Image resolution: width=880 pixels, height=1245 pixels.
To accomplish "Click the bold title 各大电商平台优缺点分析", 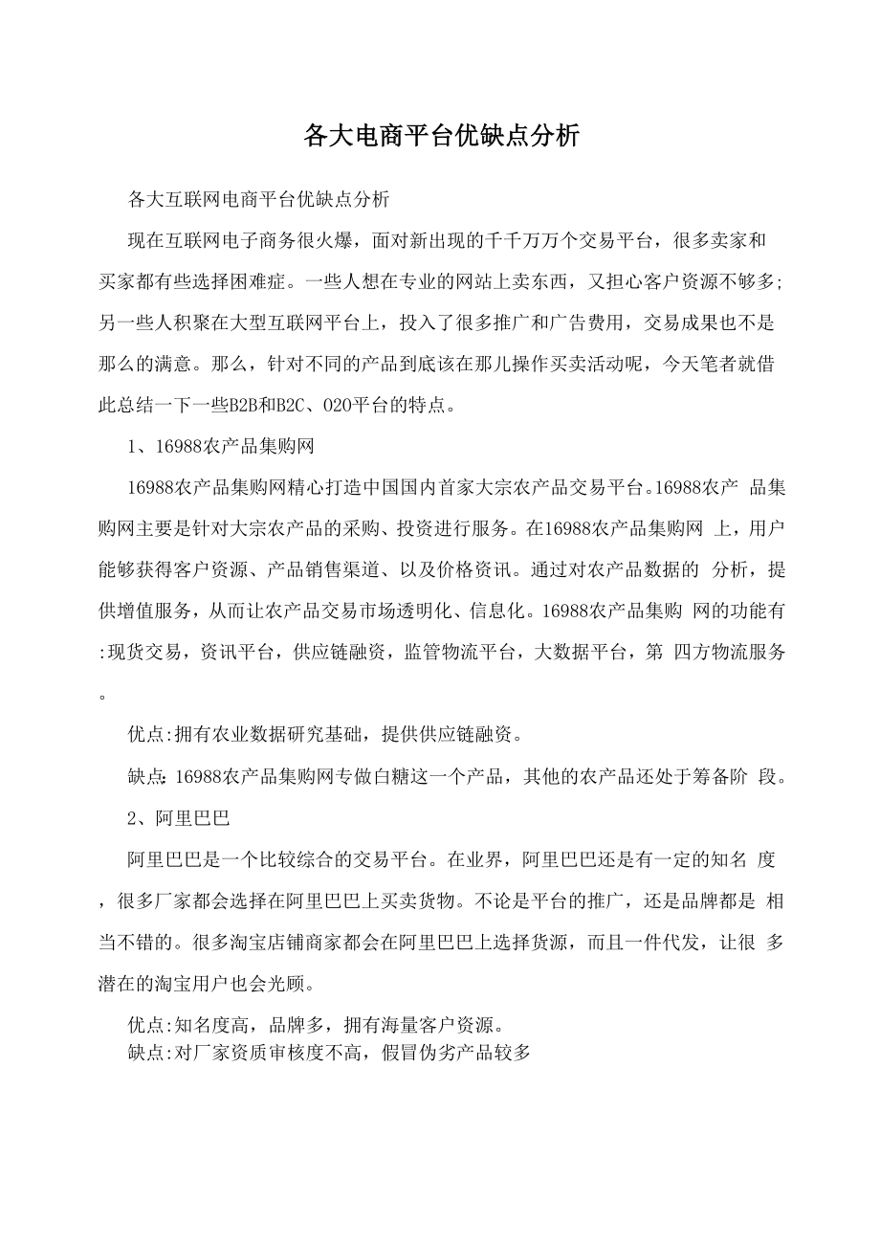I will click(441, 137).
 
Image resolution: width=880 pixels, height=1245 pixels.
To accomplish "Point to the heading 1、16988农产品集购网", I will click(221, 446).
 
